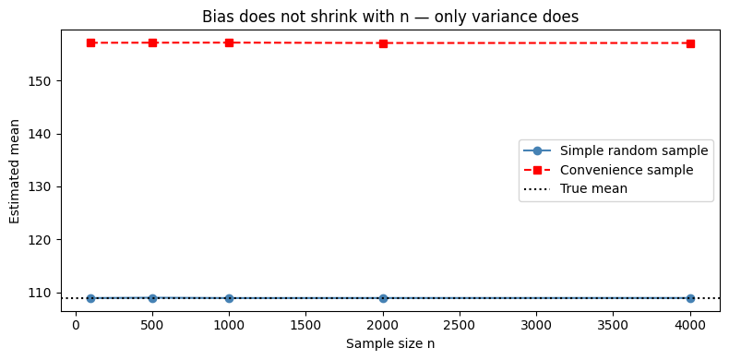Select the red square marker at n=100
coord(90,42)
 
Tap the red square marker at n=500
coord(152,42)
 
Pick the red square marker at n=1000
coord(229,42)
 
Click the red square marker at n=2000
coord(383,43)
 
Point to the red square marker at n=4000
coord(690,43)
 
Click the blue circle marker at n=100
coord(90,298)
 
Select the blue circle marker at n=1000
coord(229,298)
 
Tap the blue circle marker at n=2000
coord(383,298)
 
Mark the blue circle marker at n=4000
coord(690,298)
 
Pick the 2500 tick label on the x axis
coord(460,325)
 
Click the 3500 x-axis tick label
coord(614,325)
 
